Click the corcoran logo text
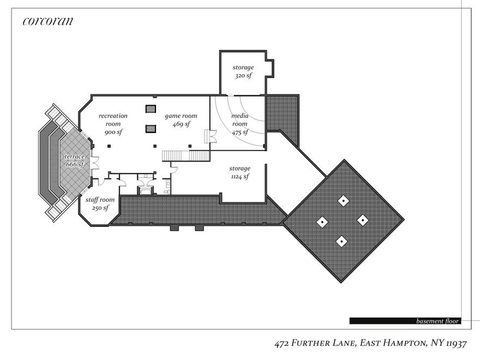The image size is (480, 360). click(48, 22)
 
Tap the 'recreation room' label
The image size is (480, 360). click(113, 120)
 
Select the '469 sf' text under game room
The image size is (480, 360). click(181, 124)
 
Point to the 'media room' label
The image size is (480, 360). click(240, 120)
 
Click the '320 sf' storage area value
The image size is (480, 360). click(243, 76)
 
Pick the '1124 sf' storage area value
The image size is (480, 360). click(239, 177)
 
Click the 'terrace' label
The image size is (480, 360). click(74, 157)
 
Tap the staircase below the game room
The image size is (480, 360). click(186, 156)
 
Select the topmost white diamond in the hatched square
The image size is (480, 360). click(343, 201)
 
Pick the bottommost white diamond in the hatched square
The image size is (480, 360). click(341, 240)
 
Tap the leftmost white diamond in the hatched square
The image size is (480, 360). click(322, 221)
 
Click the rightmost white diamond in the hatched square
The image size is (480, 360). click(363, 220)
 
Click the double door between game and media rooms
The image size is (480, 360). click(208, 136)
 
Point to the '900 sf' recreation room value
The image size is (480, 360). click(113, 133)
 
